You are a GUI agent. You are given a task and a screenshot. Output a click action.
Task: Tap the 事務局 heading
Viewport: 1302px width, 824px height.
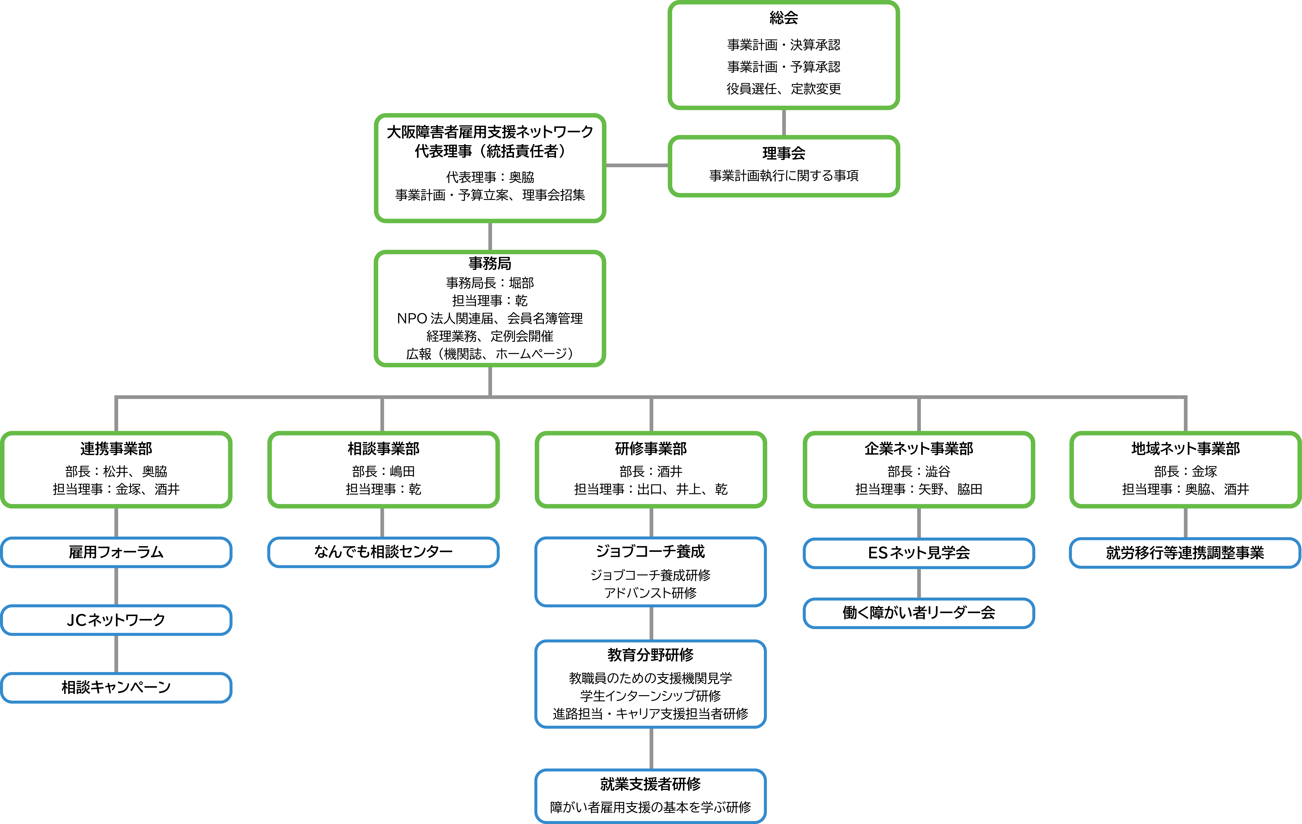click(x=490, y=263)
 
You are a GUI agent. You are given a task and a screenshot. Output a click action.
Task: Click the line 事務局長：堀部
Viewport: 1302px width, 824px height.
click(x=490, y=283)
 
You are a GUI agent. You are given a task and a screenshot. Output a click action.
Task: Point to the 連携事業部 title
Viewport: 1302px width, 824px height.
click(x=116, y=448)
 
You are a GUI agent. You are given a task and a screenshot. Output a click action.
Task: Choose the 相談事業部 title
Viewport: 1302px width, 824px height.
click(x=383, y=448)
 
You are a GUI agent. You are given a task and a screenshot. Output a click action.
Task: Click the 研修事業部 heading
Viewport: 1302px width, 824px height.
click(x=651, y=448)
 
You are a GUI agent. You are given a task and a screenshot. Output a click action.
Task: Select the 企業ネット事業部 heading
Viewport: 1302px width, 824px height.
click(x=919, y=448)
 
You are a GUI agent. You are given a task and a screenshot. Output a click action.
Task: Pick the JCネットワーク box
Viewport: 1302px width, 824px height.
click(x=116, y=620)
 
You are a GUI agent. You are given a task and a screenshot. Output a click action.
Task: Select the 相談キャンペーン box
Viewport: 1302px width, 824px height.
click(x=116, y=687)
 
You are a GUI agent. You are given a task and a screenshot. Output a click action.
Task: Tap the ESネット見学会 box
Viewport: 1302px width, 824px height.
click(x=919, y=553)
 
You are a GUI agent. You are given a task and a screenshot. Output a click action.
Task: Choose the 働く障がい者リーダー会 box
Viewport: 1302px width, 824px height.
click(x=919, y=613)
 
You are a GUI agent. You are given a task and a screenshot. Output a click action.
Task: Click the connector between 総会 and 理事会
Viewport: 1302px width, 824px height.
click(x=784, y=123)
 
